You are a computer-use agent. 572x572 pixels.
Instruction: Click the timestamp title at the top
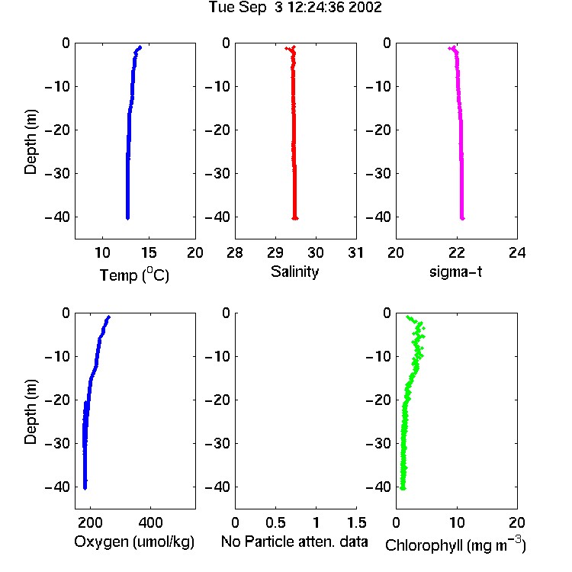[295, 8]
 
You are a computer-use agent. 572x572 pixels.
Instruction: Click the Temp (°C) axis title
[134, 275]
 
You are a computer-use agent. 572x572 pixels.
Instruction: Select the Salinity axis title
[294, 272]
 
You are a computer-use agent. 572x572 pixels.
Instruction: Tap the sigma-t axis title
[455, 272]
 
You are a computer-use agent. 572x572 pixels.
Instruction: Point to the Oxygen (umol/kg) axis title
[134, 542]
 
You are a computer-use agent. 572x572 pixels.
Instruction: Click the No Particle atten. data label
[294, 541]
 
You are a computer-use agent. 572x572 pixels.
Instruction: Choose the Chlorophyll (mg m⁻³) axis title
[455, 545]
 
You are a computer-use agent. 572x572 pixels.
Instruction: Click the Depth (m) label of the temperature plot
[31, 142]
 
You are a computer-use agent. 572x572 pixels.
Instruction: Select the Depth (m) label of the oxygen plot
[31, 412]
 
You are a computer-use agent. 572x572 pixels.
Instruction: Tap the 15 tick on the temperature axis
[149, 252]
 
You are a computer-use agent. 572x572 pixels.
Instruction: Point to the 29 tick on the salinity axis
[275, 252]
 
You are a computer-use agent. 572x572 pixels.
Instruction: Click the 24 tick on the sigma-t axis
[517, 252]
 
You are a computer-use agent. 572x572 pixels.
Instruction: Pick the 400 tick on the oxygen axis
[150, 522]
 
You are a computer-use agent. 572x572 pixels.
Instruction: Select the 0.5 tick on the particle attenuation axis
[275, 522]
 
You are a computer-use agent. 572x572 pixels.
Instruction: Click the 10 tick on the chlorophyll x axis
[457, 522]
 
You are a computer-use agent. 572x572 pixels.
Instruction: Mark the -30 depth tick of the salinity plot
[217, 174]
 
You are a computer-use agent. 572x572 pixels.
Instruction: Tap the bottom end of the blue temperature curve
[127, 218]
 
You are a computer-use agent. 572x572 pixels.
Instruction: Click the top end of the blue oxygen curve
[108, 317]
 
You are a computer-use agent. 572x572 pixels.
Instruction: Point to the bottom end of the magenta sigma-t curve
[462, 218]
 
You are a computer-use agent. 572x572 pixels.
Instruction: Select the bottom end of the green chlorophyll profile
[403, 488]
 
